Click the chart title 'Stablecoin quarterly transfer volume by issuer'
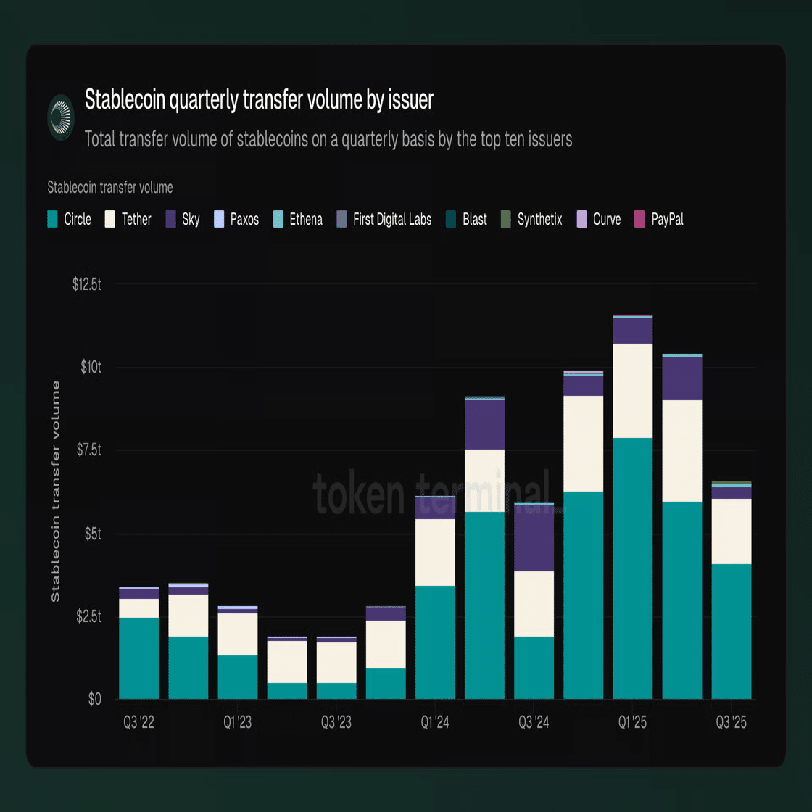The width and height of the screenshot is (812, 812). click(x=259, y=100)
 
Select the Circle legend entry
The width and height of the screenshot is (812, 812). click(x=70, y=219)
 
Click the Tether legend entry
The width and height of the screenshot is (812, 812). click(x=128, y=219)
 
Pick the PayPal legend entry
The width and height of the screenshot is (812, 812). click(x=659, y=219)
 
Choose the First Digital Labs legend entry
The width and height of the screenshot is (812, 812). click(x=384, y=219)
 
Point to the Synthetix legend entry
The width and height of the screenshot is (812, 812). click(x=531, y=219)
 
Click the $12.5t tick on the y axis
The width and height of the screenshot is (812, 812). click(x=87, y=284)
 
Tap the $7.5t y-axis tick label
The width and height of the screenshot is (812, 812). click(x=88, y=450)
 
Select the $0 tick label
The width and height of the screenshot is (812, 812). click(x=94, y=700)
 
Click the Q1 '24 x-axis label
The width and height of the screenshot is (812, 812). click(x=435, y=723)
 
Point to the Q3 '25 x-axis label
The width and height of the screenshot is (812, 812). click(x=731, y=723)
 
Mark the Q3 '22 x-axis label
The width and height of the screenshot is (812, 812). click(x=138, y=723)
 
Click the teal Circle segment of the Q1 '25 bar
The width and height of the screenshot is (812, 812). click(x=632, y=569)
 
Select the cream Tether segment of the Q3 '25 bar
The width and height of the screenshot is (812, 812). click(x=731, y=531)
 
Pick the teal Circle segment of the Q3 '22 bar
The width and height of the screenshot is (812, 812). click(x=138, y=658)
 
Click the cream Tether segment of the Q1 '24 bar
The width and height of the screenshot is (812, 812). click(x=435, y=552)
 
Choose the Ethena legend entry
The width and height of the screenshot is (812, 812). click(x=298, y=219)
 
